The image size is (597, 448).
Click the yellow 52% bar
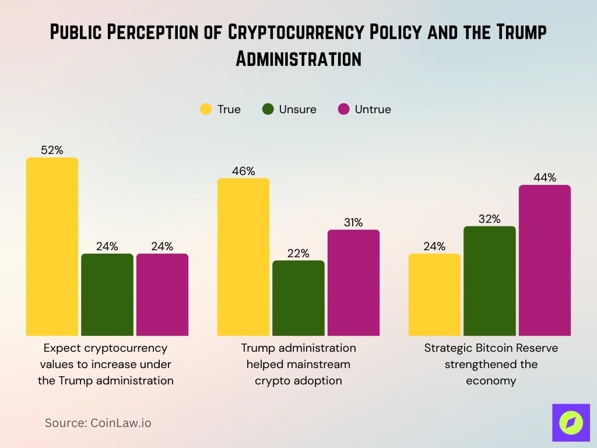point(52,246)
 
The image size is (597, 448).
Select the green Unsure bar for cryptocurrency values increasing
point(107,295)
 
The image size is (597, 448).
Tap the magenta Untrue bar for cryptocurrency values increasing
point(162,295)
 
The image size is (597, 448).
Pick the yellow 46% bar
point(243,257)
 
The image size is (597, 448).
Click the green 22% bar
point(298,298)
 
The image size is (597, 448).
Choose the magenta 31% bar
point(353,282)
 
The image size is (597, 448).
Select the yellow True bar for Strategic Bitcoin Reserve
point(434,295)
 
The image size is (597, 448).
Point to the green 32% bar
point(490,281)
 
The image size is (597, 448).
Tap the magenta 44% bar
point(545,260)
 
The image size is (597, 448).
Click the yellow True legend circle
point(206,109)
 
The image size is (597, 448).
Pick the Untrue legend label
point(373,109)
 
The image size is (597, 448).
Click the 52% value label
point(52,150)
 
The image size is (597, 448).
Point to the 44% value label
point(545,177)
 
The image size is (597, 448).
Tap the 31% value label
point(353,222)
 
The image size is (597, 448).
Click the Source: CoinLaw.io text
point(98,423)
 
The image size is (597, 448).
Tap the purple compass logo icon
point(571,422)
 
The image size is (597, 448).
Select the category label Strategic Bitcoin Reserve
point(491,348)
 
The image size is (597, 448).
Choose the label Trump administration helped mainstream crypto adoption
point(298,364)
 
